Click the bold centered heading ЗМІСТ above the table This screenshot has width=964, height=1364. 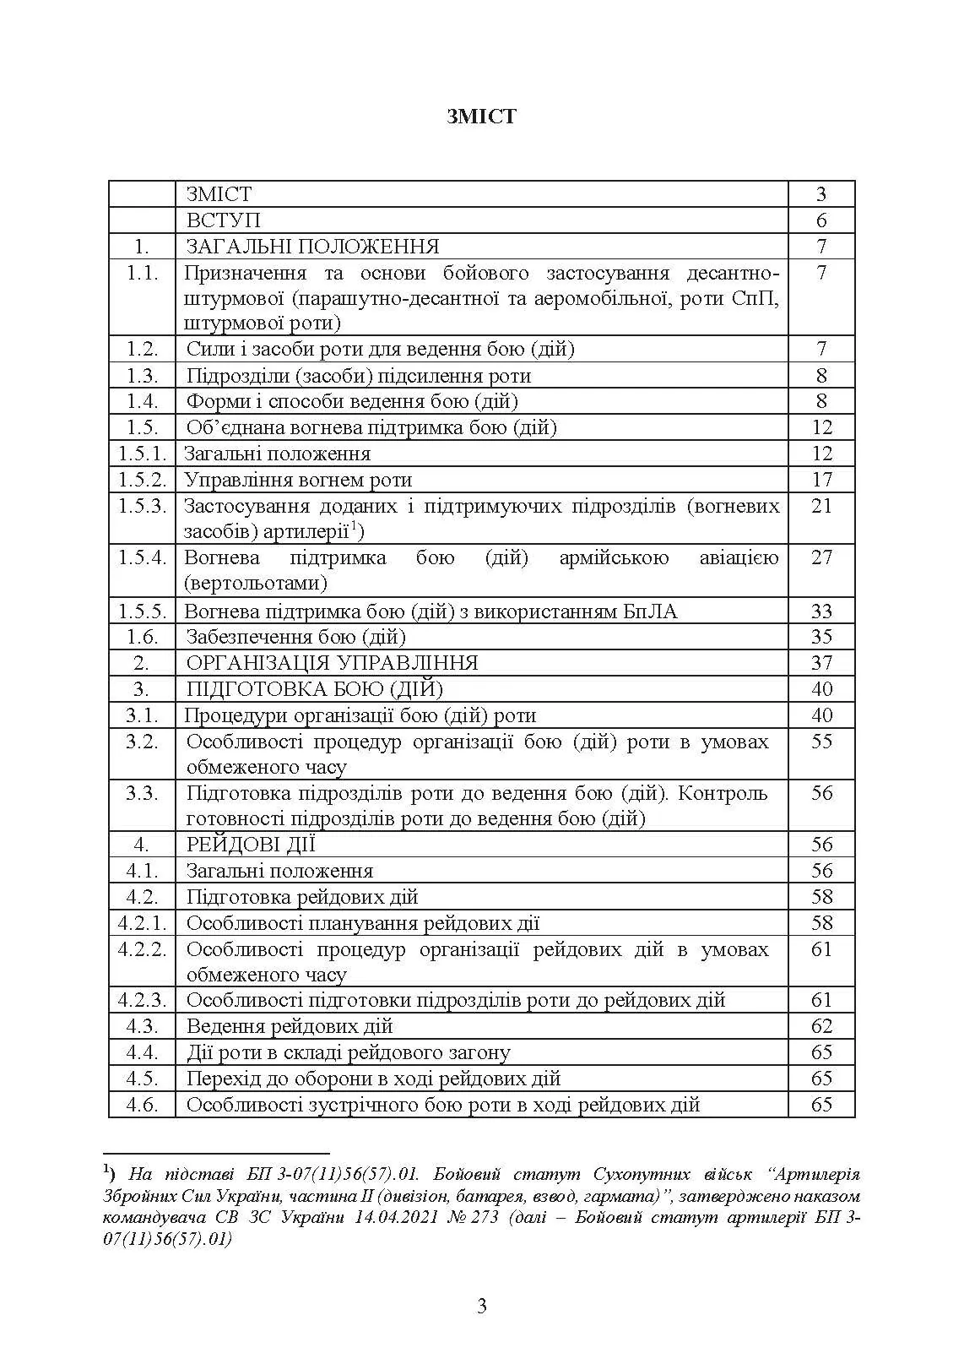pos(481,117)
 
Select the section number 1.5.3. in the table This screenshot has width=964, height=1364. pos(142,506)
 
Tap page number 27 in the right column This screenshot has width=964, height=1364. pos(821,557)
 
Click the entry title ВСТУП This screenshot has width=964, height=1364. pos(223,220)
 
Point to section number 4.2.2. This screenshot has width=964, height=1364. pos(142,949)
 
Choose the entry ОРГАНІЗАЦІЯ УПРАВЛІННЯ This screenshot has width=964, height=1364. pos(332,663)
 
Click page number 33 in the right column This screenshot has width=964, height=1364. pos(821,611)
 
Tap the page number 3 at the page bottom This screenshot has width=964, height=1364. pos(482,1307)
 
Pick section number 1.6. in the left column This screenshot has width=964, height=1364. pos(142,637)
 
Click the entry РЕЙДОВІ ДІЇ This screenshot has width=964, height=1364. pos(251,845)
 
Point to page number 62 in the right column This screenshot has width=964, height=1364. pos(821,1026)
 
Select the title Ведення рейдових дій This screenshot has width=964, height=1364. pos(290,1026)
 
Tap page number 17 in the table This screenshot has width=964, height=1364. pos(821,480)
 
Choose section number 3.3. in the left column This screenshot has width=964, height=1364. pos(142,793)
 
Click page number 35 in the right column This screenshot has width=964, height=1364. pos(821,637)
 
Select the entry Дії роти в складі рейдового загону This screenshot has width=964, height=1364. pos(348,1052)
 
